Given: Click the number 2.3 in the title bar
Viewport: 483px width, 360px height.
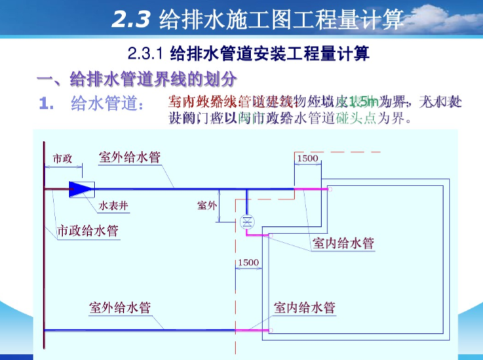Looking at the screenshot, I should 132,20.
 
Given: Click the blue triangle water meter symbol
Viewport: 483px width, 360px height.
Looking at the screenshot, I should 81,189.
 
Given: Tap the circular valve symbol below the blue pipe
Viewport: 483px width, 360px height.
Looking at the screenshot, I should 247,220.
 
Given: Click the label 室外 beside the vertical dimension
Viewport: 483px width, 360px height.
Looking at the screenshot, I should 206,205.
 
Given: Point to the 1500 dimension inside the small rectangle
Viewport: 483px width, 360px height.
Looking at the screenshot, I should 307,159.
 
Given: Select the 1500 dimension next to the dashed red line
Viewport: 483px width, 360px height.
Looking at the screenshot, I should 248,262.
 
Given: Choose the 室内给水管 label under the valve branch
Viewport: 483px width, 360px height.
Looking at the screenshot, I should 343,243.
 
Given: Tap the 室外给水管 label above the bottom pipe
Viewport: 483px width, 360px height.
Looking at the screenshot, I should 120,307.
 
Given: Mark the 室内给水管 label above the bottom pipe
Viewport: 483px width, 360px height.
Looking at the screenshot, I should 305,307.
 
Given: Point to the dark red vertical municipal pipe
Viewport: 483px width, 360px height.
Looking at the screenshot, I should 44,262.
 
